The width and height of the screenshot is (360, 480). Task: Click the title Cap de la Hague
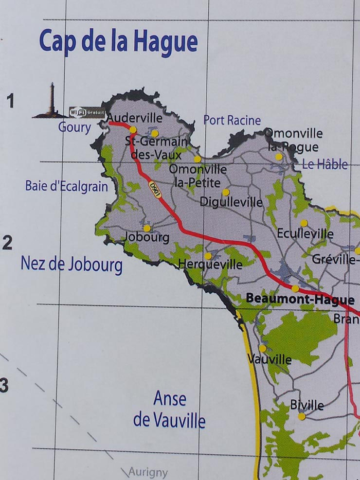pyautogui.click(x=118, y=41)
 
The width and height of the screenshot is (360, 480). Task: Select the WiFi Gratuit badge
pyautogui.click(x=87, y=111)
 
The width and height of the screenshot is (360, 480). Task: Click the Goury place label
pyautogui.click(x=74, y=127)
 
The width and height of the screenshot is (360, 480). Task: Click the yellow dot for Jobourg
pyautogui.click(x=147, y=228)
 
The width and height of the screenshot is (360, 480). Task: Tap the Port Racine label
pyautogui.click(x=232, y=120)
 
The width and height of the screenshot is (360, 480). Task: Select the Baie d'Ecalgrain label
pyautogui.click(x=67, y=186)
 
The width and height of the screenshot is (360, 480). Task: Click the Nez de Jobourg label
pyautogui.click(x=72, y=265)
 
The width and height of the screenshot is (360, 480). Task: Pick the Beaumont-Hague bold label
pyautogui.click(x=300, y=299)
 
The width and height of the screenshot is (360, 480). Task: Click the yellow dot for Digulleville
pyautogui.click(x=226, y=192)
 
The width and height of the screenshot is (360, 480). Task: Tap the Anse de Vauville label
pyautogui.click(x=169, y=409)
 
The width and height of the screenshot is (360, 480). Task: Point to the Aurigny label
pyautogui.click(x=148, y=472)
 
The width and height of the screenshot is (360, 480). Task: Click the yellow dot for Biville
pyautogui.click(x=302, y=416)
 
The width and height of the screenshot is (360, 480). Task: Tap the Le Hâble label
pyautogui.click(x=324, y=164)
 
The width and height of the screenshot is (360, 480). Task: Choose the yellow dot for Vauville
pyautogui.click(x=263, y=348)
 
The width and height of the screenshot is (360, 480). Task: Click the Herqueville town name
pyautogui.click(x=210, y=265)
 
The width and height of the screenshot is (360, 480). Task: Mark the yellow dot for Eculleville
pyautogui.click(x=304, y=223)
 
